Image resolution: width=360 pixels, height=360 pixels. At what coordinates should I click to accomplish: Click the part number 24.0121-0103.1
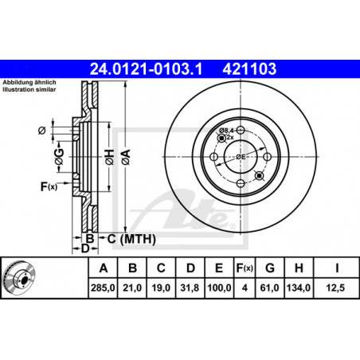(x=146, y=69)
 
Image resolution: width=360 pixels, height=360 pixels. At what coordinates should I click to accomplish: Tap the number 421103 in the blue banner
(x=249, y=69)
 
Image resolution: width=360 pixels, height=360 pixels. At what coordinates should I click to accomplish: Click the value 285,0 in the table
(x=103, y=288)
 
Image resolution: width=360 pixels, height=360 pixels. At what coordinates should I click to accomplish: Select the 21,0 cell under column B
(x=132, y=288)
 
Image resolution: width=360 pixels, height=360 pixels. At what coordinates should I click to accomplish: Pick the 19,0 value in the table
(x=161, y=288)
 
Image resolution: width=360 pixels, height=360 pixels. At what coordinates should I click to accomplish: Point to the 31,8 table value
(x=190, y=288)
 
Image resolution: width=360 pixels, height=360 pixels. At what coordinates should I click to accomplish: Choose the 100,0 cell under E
(x=219, y=288)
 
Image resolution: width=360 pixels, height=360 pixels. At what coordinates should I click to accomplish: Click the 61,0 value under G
(x=269, y=288)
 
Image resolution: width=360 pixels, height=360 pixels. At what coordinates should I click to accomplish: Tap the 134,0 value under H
(x=299, y=288)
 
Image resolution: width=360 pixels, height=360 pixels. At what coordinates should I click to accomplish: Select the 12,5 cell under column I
(x=335, y=288)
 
